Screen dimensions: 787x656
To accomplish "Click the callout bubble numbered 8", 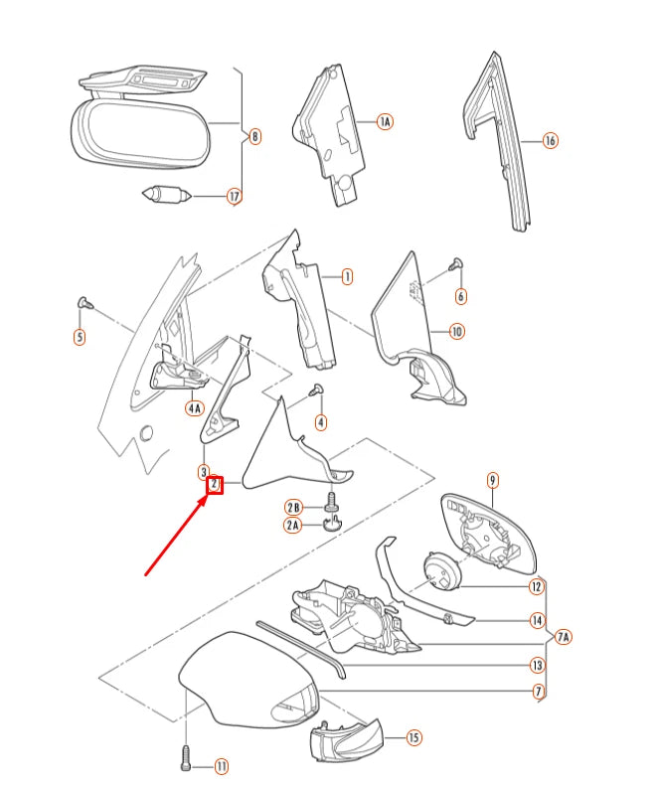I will tap(254, 136).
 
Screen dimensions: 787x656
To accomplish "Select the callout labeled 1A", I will tap(384, 121).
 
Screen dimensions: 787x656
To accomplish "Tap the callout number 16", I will tap(550, 141).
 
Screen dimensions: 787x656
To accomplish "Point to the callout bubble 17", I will tap(234, 197).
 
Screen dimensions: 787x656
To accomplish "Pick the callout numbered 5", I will tap(79, 337).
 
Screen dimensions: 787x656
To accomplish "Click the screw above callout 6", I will tap(457, 264).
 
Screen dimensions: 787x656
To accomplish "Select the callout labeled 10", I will tap(456, 331).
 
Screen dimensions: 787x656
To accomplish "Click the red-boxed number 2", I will tap(214, 484).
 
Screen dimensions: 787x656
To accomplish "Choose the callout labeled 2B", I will tap(293, 508).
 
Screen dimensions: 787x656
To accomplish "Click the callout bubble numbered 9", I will tap(492, 481).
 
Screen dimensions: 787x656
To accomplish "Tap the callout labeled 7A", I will tap(564, 636).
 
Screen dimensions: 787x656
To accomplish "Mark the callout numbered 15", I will tap(413, 737).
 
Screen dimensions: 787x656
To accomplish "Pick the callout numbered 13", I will tap(537, 665).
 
